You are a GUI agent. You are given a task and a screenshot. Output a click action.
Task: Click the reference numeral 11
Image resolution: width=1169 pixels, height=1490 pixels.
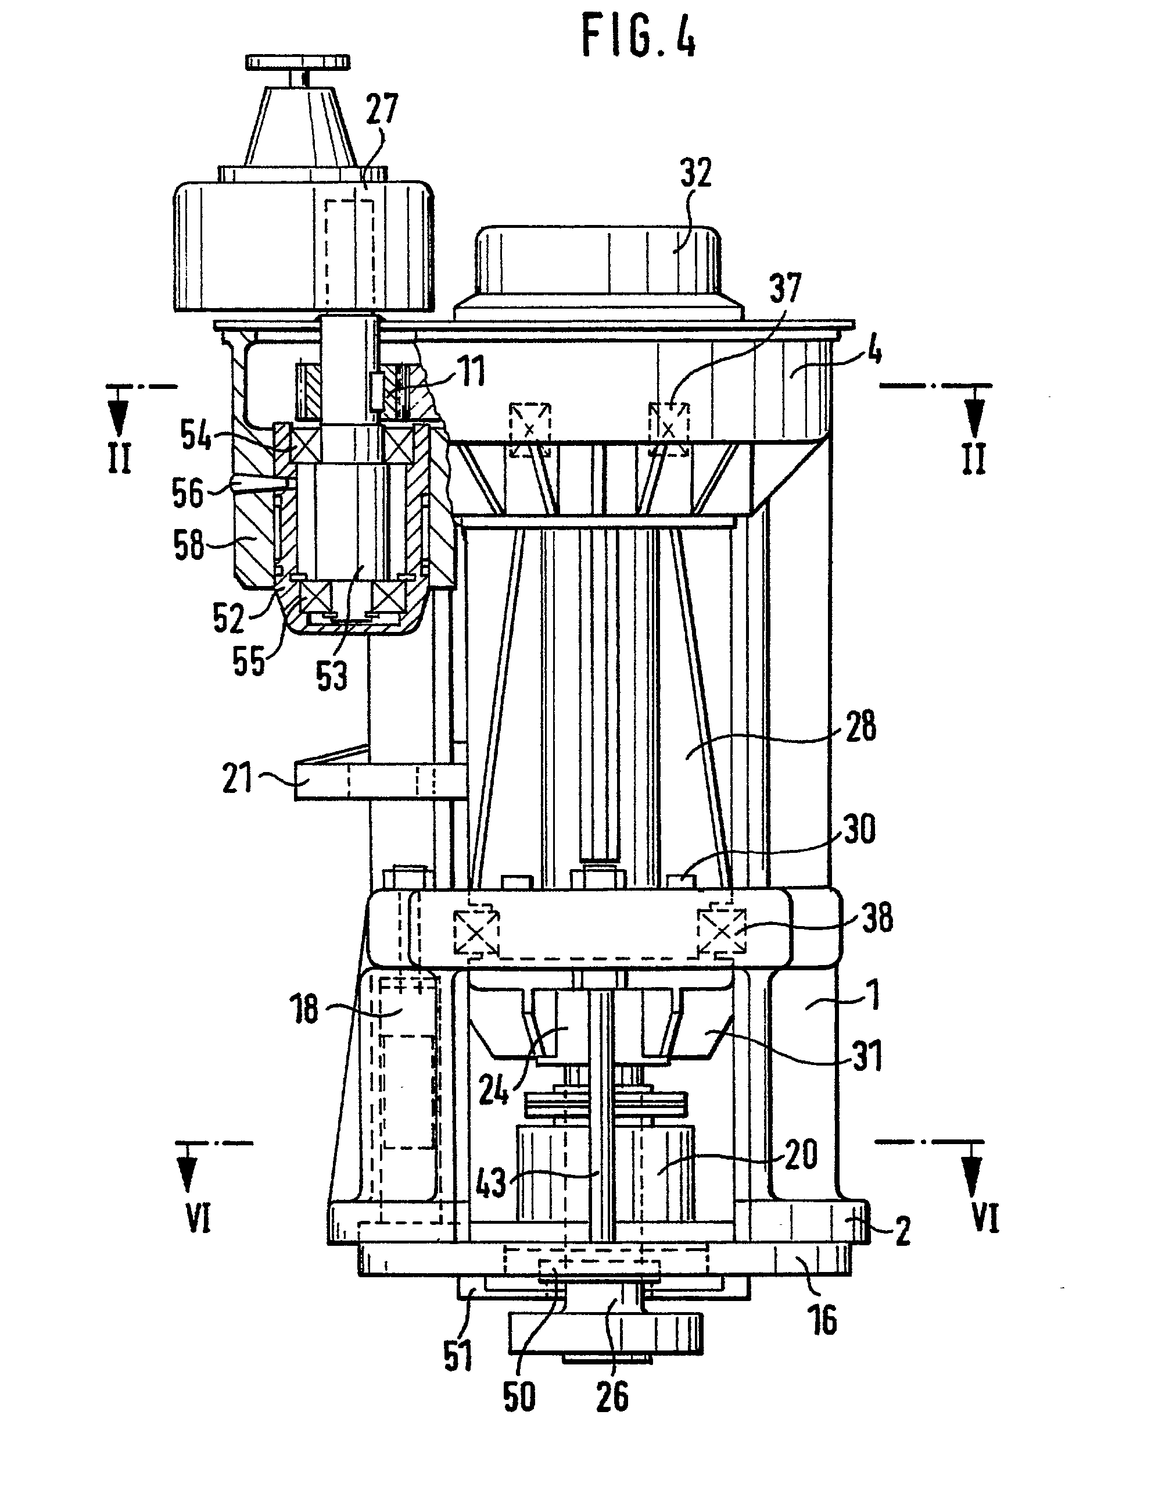pyautogui.click(x=471, y=372)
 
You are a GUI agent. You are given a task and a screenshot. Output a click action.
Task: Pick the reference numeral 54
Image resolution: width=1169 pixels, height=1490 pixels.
pyautogui.click(x=196, y=434)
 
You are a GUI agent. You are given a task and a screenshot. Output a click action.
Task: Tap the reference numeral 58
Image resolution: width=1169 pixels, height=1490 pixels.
pyautogui.click(x=189, y=545)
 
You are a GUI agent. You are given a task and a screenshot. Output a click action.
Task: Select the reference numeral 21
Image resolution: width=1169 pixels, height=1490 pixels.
pyautogui.click(x=237, y=778)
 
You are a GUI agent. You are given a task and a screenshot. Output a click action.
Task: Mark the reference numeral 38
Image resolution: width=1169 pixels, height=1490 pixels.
pyautogui.click(x=876, y=917)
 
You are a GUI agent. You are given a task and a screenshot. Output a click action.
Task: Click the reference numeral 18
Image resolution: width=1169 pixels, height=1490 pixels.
pyautogui.click(x=304, y=1008)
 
